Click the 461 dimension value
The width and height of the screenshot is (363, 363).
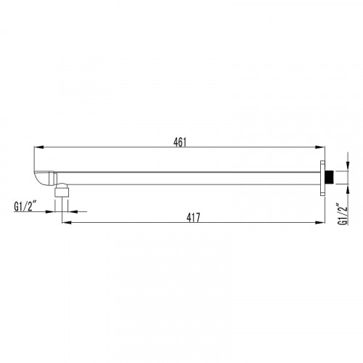click(x=180, y=142)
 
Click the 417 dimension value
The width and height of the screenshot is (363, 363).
click(x=193, y=218)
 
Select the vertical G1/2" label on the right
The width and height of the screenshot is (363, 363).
click(x=343, y=215)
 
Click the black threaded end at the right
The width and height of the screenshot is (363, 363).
click(x=329, y=178)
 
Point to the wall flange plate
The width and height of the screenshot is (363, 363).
click(x=322, y=178)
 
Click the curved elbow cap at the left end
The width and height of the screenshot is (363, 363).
click(x=41, y=179)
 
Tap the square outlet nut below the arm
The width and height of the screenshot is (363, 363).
click(x=62, y=192)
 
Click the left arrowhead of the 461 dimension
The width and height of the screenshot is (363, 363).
click(x=38, y=147)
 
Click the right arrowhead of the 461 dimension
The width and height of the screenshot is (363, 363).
click(x=320, y=147)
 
